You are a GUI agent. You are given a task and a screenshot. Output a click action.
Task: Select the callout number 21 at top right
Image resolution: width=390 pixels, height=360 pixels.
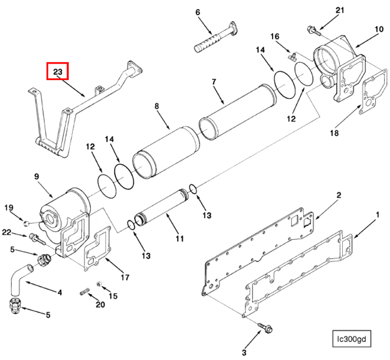(x=340, y=11)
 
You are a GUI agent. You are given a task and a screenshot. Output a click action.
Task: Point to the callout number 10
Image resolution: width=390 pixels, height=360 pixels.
(x=378, y=29)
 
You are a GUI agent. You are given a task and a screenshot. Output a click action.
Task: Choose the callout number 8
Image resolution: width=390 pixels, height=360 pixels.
(x=157, y=106)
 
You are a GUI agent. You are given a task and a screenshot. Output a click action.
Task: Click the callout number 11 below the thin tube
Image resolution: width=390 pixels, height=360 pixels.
(x=180, y=238)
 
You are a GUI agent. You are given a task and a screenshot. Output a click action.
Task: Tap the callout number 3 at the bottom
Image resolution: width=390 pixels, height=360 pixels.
(x=244, y=352)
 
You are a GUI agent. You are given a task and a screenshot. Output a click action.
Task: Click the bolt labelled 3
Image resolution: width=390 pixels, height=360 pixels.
(x=267, y=327)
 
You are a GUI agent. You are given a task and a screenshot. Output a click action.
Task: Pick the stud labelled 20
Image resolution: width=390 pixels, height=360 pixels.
(x=85, y=293)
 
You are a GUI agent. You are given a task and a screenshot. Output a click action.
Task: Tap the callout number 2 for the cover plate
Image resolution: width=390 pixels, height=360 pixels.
(x=339, y=195)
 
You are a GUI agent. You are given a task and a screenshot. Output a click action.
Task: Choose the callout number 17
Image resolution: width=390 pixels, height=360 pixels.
(x=125, y=278)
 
